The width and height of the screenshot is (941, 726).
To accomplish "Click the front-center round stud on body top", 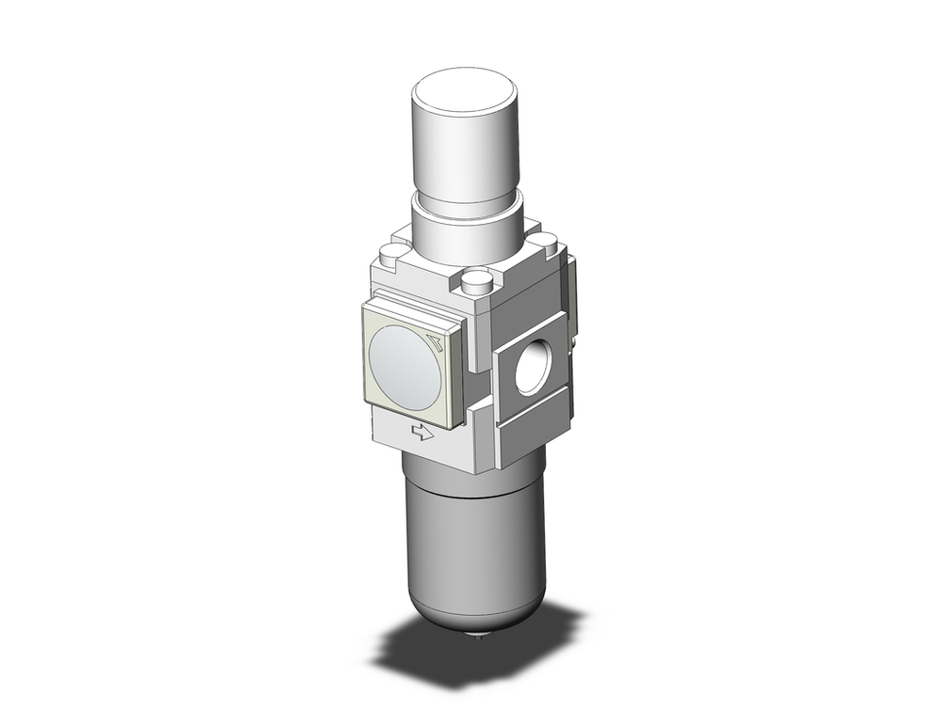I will point(479,279).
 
